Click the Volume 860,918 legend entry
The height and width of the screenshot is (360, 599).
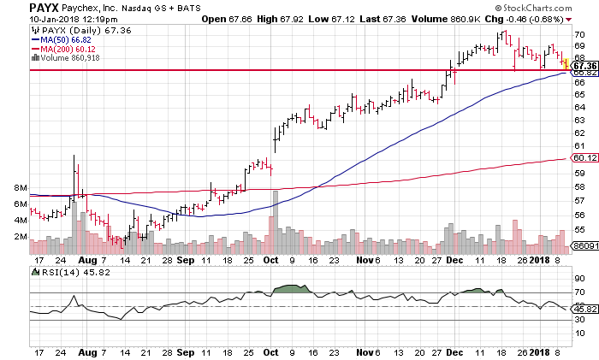point(61,58)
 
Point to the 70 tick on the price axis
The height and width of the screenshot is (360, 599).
point(579,35)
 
